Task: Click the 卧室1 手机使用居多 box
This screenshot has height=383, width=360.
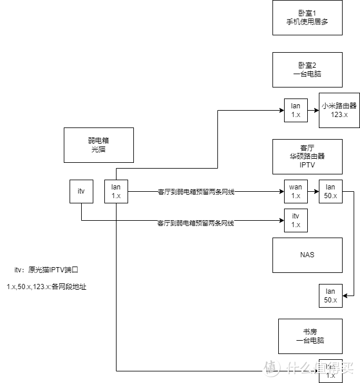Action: tap(307, 17)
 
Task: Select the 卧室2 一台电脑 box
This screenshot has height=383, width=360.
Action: tap(307, 70)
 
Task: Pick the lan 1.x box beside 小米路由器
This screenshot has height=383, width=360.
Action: tap(296, 110)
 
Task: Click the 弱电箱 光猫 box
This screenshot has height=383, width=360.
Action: tap(99, 145)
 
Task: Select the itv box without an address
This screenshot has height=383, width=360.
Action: tap(81, 191)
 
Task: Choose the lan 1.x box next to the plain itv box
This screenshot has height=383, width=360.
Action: tap(116, 191)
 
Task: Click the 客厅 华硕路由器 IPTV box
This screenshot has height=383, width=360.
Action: tap(307, 156)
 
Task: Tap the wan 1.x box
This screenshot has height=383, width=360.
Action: tap(296, 191)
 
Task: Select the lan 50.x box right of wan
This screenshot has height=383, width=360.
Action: tap(330, 191)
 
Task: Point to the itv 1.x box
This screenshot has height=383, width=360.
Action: tap(296, 220)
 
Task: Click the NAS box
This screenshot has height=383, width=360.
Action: tap(307, 255)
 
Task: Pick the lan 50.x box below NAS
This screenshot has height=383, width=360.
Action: tap(330, 296)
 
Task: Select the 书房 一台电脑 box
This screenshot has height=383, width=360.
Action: tap(310, 336)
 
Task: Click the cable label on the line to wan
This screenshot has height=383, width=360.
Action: tap(196, 192)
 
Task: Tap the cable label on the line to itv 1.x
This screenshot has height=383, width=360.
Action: tap(196, 222)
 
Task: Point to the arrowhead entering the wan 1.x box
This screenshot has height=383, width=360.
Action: tap(281, 191)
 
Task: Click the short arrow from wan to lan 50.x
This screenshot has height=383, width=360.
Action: tap(313, 191)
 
